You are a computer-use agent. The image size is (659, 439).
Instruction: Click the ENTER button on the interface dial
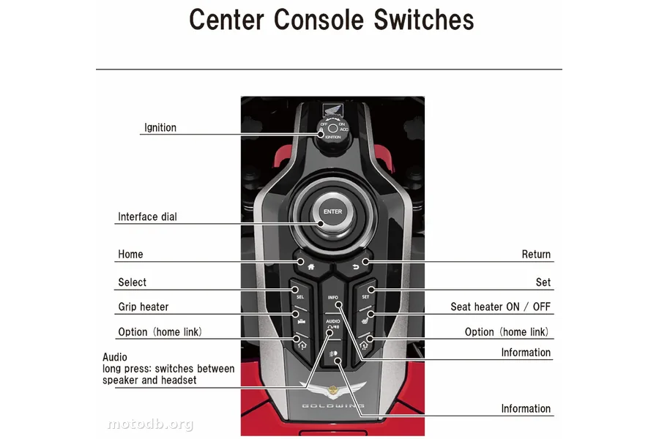click(x=332, y=211)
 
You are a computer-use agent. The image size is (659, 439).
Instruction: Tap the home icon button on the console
click(x=310, y=266)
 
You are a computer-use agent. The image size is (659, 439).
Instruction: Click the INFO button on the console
click(x=332, y=298)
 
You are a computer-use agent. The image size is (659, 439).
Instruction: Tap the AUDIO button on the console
click(x=332, y=324)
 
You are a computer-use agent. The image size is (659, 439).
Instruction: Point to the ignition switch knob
click(x=332, y=129)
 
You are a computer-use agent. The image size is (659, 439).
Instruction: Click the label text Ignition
click(x=160, y=127)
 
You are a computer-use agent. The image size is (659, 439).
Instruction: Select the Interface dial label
click(x=147, y=217)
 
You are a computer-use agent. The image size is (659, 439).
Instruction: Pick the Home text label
click(x=130, y=254)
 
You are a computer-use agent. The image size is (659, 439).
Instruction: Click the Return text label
click(x=536, y=254)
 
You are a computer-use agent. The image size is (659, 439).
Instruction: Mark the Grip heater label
click(x=144, y=307)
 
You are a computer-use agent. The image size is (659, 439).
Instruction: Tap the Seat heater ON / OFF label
click(x=501, y=307)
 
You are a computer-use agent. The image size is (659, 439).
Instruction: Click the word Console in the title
click(x=320, y=20)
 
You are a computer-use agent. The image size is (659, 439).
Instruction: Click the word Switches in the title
click(x=423, y=20)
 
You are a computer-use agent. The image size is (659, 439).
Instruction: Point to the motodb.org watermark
click(x=150, y=424)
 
